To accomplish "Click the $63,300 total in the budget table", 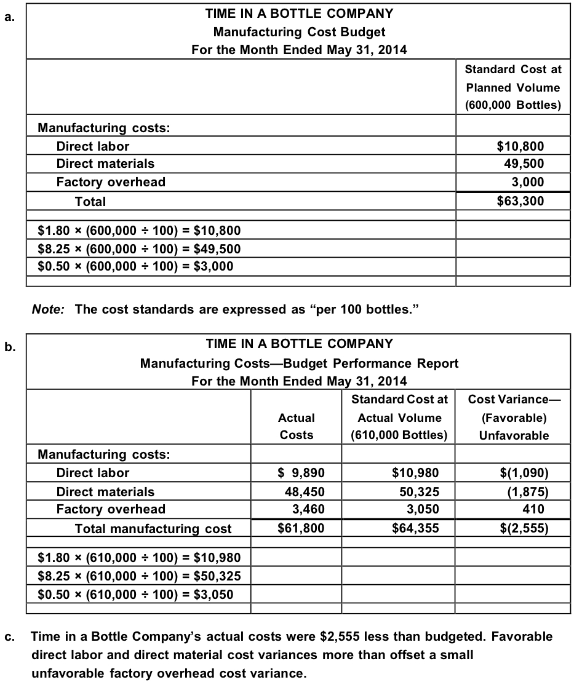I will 520,201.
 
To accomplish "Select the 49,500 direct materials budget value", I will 524,164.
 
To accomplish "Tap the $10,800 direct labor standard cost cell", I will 520,146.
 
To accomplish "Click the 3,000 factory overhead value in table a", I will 527,182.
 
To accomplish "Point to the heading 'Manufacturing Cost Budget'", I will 300,31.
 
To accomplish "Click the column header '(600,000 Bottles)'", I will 512,105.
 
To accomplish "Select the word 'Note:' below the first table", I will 48,309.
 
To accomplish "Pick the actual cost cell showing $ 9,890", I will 300,473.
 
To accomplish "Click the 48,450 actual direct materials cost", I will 303,491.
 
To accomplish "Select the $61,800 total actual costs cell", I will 301,528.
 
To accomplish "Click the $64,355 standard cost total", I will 415,528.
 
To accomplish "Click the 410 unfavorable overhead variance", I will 533,509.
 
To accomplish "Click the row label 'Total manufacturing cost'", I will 153,529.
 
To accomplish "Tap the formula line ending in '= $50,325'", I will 139,576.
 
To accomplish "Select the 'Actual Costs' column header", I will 297,426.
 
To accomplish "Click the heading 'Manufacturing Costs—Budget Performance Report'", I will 300,363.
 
